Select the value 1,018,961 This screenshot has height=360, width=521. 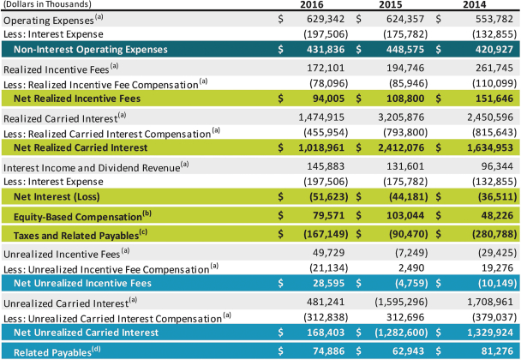pos(325,147)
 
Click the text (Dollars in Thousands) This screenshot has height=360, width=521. pos(39,4)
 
